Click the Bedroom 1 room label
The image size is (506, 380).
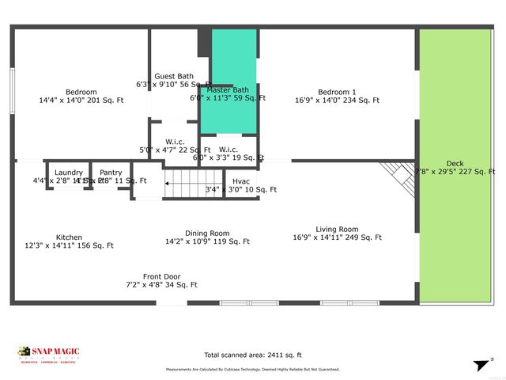pyautogui.click(x=337, y=92)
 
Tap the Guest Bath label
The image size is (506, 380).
pyautogui.click(x=174, y=76)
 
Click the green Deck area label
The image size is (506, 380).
pyautogui.click(x=455, y=163)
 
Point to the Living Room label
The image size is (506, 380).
pyautogui.click(x=337, y=229)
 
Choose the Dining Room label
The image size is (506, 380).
pyautogui.click(x=207, y=233)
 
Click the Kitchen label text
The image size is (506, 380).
pyautogui.click(x=69, y=237)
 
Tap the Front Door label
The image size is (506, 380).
pyautogui.click(x=161, y=276)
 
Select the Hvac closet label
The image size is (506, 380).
pyautogui.click(x=241, y=181)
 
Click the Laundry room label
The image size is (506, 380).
pyautogui.click(x=69, y=172)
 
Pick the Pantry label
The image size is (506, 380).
pyautogui.click(x=111, y=172)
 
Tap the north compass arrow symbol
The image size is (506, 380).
pyautogui.click(x=481, y=363)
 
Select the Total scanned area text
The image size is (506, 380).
pyautogui.click(x=253, y=355)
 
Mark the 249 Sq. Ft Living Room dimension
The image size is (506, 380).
pyautogui.click(x=364, y=237)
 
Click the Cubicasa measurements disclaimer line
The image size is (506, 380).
pyautogui.click(x=253, y=370)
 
